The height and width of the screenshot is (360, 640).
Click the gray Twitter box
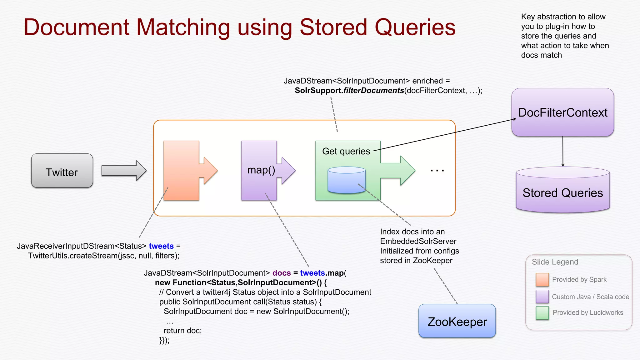62,171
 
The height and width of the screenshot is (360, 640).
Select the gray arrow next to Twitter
124,171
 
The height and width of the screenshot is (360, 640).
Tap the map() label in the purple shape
261,170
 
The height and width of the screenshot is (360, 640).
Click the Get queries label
346,151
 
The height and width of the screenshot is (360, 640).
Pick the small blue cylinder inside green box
346,180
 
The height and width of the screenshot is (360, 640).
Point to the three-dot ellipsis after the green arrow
437,171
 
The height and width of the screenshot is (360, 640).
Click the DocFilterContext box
562,112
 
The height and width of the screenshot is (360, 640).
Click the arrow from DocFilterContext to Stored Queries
563,152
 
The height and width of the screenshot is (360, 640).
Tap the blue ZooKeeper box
457,322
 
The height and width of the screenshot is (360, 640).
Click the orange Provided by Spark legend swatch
542,280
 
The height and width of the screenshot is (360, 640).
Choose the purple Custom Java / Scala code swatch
542,297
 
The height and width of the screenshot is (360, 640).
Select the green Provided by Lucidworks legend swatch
542,313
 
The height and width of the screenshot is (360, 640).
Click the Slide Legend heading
555,262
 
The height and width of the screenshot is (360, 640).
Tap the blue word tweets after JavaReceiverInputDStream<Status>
161,246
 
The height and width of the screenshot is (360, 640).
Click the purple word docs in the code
281,273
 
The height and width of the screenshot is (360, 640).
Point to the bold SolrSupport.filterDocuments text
349,91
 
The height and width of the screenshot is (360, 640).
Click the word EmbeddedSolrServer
418,241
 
